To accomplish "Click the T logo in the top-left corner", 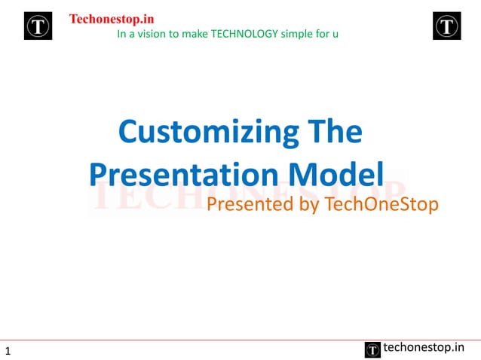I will click(38, 26).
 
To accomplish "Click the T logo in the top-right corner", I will click(446, 26).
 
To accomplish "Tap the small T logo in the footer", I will click(372, 349).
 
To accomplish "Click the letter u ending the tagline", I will click(335, 35).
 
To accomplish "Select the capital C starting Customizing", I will click(129, 133).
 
